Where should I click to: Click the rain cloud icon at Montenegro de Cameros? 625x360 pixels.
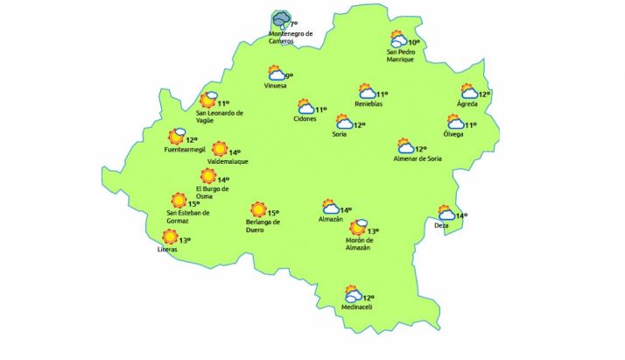click(280, 18)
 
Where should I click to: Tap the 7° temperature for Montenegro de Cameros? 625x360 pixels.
click(293, 25)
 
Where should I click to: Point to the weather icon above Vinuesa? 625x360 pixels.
click(275, 74)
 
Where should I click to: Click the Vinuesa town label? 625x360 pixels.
click(276, 86)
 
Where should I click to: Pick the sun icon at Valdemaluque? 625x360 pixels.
click(220, 149)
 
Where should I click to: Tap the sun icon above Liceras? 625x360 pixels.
click(170, 236)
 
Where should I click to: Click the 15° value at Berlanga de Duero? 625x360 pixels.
click(272, 213)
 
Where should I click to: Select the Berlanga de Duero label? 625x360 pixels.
click(263, 226)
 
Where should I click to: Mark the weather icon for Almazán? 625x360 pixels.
click(330, 208)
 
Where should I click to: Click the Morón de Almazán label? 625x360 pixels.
click(360, 244)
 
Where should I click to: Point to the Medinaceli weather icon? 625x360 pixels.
click(353, 295)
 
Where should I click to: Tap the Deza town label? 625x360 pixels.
click(441, 226)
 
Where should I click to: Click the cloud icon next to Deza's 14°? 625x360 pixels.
click(446, 215)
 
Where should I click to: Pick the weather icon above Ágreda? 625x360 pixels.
click(469, 92)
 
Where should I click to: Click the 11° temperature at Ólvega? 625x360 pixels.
click(471, 125)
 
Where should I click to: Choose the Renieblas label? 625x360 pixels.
click(369, 104)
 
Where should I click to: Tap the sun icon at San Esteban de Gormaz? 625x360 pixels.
click(179, 201)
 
